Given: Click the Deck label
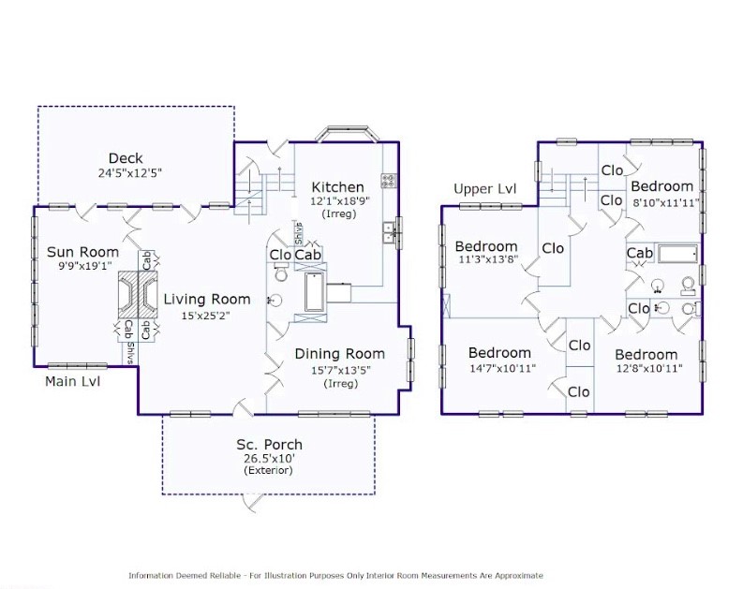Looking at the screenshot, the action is [x=126, y=158].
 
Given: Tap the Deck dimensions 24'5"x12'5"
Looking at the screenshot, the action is [x=130, y=173].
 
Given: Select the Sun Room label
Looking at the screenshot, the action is [x=83, y=252].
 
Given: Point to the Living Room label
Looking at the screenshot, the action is [x=207, y=300].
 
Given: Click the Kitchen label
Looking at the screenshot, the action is [x=338, y=187].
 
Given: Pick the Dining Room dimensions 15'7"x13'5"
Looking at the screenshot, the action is [x=341, y=370].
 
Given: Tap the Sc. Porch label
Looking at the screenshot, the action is [x=269, y=445].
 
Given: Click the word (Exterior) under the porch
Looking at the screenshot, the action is [x=268, y=470].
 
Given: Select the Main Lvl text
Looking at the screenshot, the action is [x=72, y=381].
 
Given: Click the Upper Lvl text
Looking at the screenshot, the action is [x=484, y=189].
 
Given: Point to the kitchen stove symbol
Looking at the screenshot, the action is [x=389, y=180].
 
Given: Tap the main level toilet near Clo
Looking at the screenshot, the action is [x=280, y=272].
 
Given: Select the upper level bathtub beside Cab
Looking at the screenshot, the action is [x=678, y=255].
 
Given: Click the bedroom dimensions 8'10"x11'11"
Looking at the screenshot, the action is [x=666, y=203].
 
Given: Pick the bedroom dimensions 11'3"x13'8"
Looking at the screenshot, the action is [x=488, y=259].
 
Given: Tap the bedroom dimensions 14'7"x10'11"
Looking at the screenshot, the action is [x=502, y=368].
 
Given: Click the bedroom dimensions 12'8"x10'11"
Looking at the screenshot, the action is [x=648, y=368].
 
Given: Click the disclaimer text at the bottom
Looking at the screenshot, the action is [x=335, y=576].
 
